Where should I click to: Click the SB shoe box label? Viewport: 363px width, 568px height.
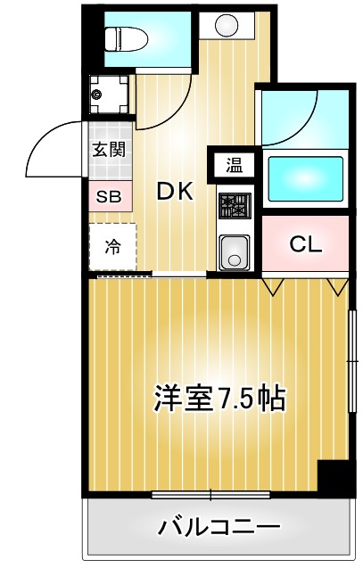pyautogui.click(x=108, y=197)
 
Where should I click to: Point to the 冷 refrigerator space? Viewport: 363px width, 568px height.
pyautogui.click(x=111, y=247)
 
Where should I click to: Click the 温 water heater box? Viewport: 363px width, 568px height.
pyautogui.click(x=234, y=164)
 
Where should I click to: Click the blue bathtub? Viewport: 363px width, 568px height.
pyautogui.click(x=306, y=174)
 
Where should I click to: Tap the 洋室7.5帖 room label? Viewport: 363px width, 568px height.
pyautogui.click(x=219, y=398)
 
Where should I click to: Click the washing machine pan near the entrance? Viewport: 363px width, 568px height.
pyautogui.click(x=108, y=93)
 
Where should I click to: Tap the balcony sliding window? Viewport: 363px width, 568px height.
pyautogui.click(x=211, y=493)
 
